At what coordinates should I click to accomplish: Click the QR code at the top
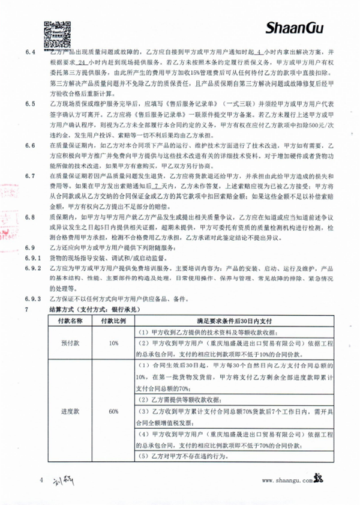pos(52,28)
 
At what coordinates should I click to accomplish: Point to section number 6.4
pos(31,53)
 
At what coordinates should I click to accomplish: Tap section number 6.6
pos(31,147)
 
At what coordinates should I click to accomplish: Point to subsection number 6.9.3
pos(32,299)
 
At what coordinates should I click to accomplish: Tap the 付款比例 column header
pos(113,321)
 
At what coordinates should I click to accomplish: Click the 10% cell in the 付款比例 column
pos(113,343)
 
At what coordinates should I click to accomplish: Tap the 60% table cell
pos(113,413)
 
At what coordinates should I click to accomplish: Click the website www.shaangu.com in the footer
pos(287,480)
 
